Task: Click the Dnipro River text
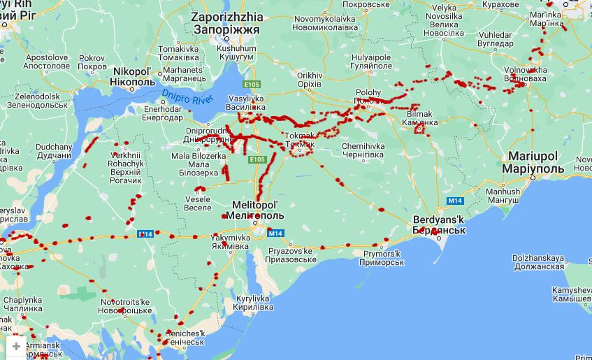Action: tap(187, 97)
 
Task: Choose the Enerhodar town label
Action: tap(162, 113)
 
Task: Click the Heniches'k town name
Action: tap(185, 338)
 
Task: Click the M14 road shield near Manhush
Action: tap(455, 201)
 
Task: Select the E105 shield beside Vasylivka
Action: tap(252, 84)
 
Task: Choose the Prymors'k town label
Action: tap(382, 257)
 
